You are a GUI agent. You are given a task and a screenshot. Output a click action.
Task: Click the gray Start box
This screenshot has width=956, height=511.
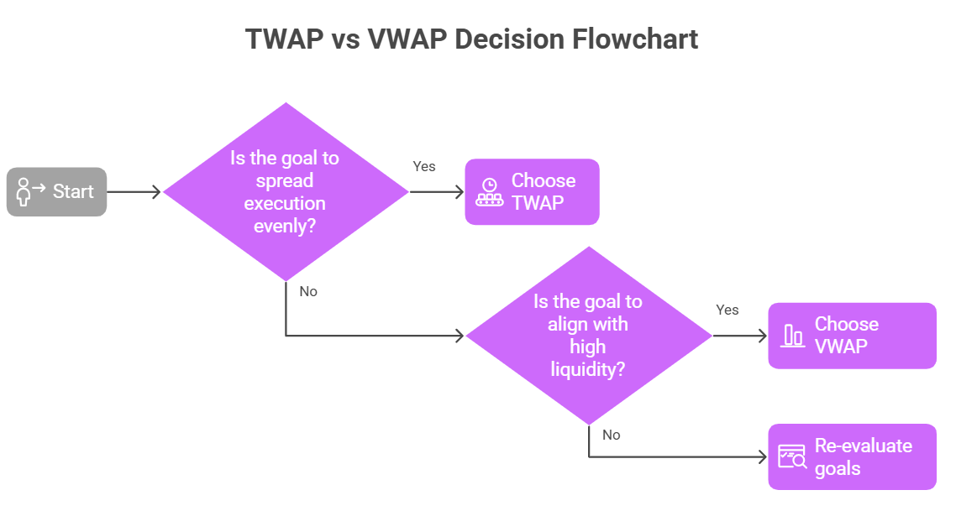tap(56, 191)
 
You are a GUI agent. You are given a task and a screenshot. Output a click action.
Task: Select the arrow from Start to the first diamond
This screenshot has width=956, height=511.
tap(134, 192)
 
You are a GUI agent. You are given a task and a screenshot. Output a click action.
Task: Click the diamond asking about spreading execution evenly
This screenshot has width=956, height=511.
tap(286, 191)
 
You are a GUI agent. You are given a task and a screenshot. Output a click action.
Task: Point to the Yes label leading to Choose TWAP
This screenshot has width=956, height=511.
tap(424, 166)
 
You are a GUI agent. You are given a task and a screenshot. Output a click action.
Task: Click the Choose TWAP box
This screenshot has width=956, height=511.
tap(532, 191)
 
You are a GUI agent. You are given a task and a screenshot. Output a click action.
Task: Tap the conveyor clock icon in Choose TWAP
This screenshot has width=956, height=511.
tap(489, 192)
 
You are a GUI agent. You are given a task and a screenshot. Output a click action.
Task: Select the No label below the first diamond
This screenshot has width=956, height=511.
tap(308, 292)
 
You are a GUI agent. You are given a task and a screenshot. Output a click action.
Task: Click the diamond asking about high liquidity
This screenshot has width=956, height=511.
tap(588, 336)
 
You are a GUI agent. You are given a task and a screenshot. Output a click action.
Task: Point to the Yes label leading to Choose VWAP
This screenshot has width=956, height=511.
tap(728, 310)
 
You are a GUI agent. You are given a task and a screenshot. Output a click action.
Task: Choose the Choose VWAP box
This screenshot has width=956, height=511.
tap(852, 335)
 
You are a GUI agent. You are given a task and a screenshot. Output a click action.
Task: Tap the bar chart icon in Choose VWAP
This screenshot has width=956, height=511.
tap(792, 336)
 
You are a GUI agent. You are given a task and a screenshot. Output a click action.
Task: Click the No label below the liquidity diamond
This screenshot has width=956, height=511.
tap(612, 435)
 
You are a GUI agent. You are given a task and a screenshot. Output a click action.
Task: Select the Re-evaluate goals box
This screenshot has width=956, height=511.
tap(852, 456)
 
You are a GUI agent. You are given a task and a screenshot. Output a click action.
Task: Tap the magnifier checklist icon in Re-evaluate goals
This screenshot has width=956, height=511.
tap(792, 456)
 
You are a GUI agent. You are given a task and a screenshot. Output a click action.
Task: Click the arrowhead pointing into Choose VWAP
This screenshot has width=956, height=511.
tap(762, 336)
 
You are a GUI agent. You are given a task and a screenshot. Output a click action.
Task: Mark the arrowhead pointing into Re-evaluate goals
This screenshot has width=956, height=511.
tap(762, 457)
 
